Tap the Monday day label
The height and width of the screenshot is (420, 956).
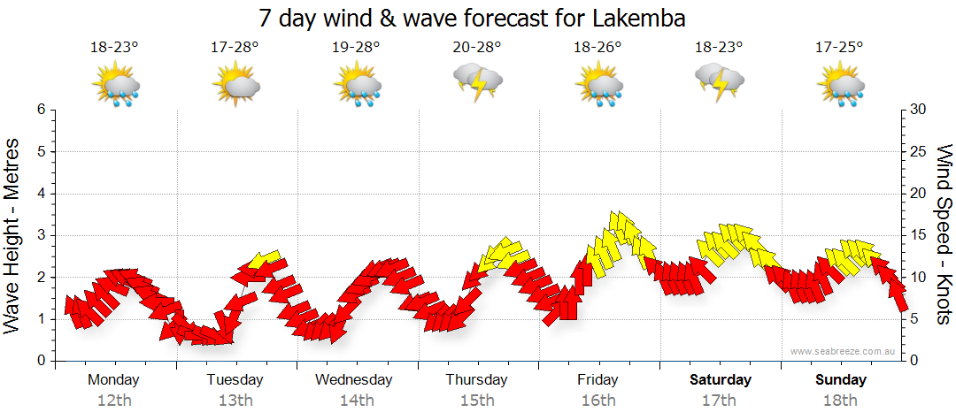click(x=113, y=380)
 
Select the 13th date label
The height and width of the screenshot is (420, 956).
click(x=235, y=400)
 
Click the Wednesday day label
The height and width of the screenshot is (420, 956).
click(x=354, y=380)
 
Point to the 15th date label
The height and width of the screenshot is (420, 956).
click(x=476, y=400)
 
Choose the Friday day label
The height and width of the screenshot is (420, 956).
click(x=597, y=380)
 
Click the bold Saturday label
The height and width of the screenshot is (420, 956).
click(x=721, y=380)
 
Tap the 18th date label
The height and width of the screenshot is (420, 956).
click(x=841, y=400)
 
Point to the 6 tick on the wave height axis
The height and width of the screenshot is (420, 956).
click(x=40, y=110)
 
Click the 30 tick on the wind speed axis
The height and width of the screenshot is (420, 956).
click(x=920, y=110)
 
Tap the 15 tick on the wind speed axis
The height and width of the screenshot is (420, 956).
click(x=920, y=235)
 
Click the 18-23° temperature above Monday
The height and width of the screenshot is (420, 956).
click(x=114, y=47)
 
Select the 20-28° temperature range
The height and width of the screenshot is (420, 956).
click(x=476, y=47)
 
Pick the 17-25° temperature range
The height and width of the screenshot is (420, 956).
click(x=840, y=47)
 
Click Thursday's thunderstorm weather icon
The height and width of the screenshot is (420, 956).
click(x=478, y=82)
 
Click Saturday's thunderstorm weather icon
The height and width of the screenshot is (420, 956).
click(x=719, y=82)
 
